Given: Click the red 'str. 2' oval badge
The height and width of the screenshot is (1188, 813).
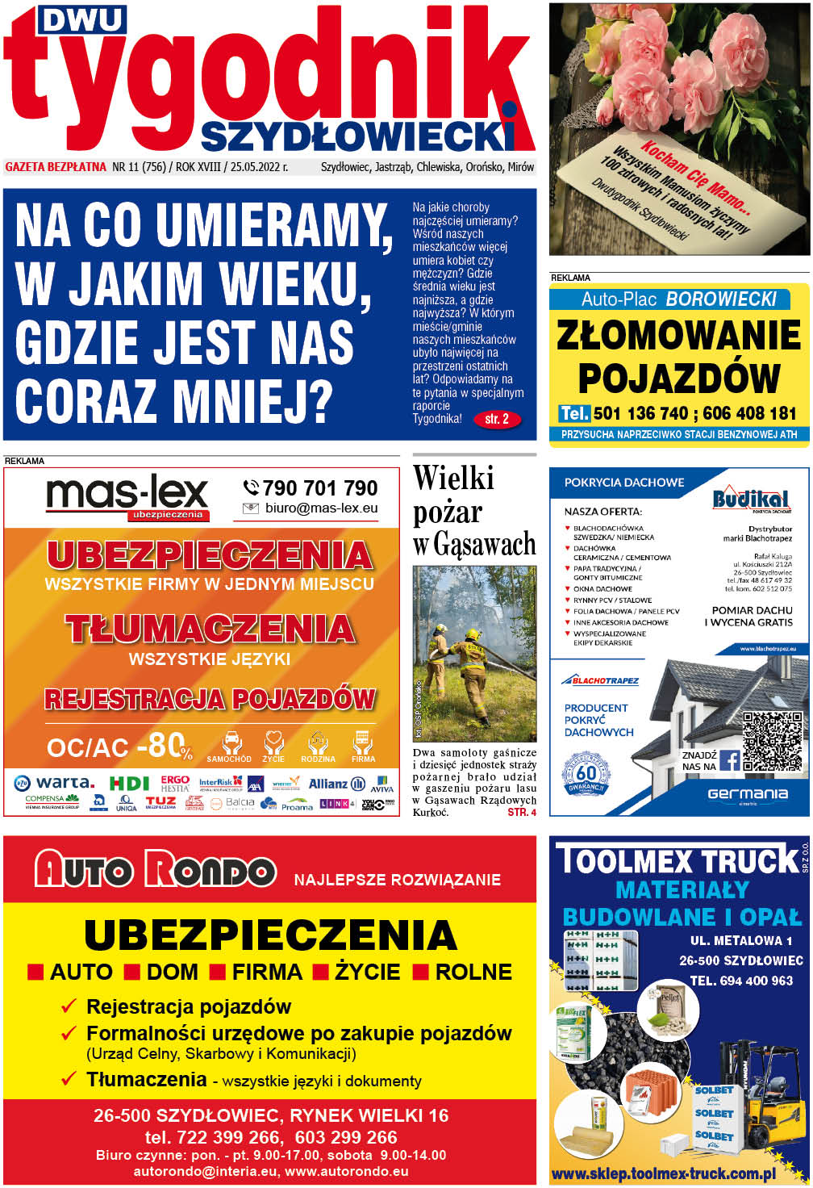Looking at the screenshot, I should point(497,420).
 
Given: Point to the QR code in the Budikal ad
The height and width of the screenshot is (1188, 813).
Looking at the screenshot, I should point(772,741).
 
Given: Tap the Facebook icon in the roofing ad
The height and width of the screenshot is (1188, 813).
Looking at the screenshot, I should point(729,760).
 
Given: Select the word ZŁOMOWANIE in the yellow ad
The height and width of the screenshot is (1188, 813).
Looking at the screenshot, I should point(679,336).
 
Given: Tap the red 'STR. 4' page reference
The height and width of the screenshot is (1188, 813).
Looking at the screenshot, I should point(521,812).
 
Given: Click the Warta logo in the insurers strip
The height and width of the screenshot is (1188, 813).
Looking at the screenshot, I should point(55,783).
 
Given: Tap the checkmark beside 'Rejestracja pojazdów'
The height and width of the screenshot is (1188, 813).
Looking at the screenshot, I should point(69,1006).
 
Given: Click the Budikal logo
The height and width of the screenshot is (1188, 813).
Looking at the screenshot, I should point(750,498).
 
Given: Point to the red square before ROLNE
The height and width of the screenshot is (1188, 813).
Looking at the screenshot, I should point(420,972).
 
